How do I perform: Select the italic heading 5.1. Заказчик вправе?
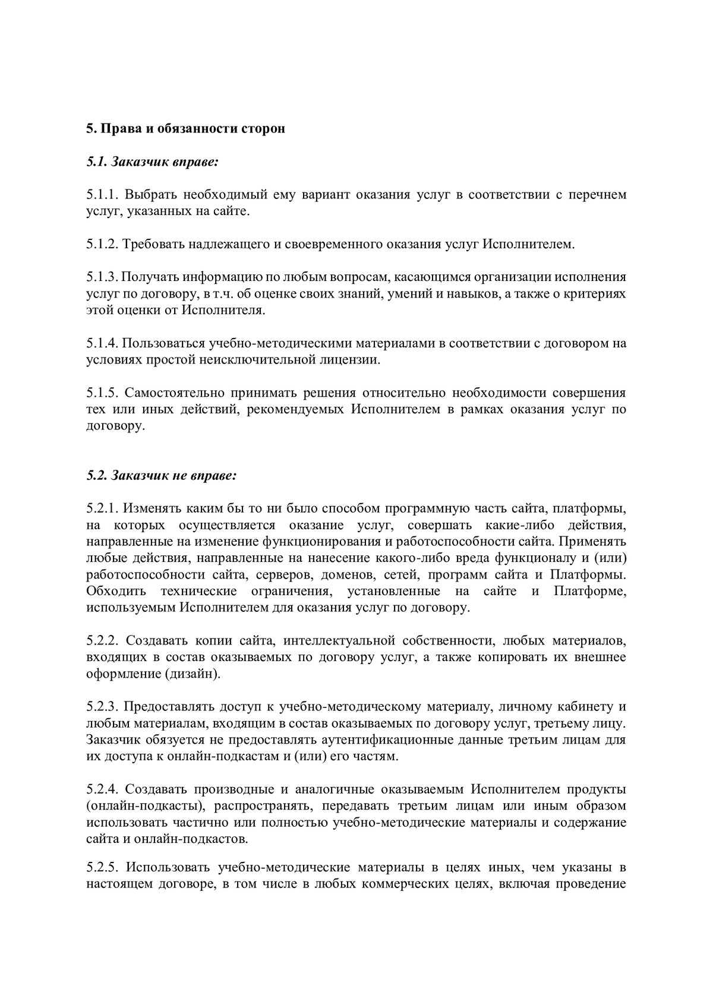tap(152, 162)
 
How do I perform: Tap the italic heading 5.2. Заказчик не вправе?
tap(162, 475)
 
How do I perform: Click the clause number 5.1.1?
tap(103, 195)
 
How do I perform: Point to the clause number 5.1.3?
tap(103, 277)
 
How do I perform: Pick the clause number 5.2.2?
tap(103, 641)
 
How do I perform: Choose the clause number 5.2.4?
tap(103, 789)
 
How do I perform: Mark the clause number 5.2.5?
tap(103, 868)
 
